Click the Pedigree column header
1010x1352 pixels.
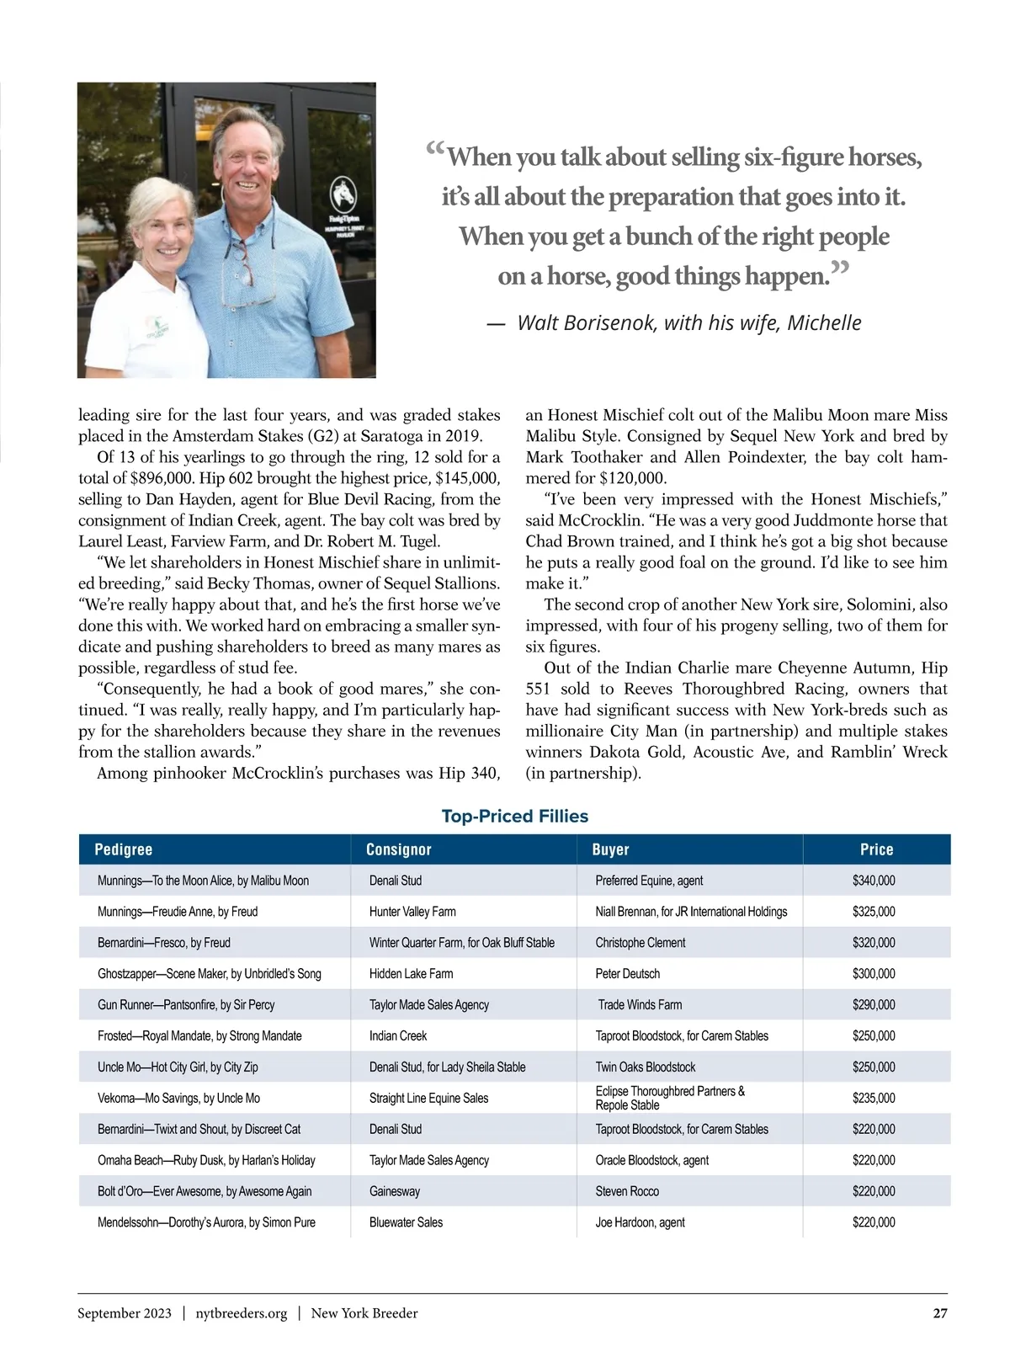point(124,849)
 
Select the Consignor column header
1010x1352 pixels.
point(398,849)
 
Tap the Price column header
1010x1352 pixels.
point(876,849)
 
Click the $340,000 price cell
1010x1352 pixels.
point(874,881)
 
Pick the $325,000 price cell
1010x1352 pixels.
point(874,912)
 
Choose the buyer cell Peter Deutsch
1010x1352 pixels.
point(627,974)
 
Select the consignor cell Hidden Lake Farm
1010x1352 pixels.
point(411,974)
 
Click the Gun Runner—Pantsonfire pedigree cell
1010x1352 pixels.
point(186,1005)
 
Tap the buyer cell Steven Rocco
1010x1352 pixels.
point(627,1191)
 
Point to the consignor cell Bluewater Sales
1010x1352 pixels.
point(406,1222)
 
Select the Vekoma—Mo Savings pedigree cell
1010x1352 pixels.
point(178,1099)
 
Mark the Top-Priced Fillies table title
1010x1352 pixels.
point(514,816)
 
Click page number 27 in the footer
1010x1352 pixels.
point(939,1313)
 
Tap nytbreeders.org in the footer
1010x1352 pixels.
point(241,1313)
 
